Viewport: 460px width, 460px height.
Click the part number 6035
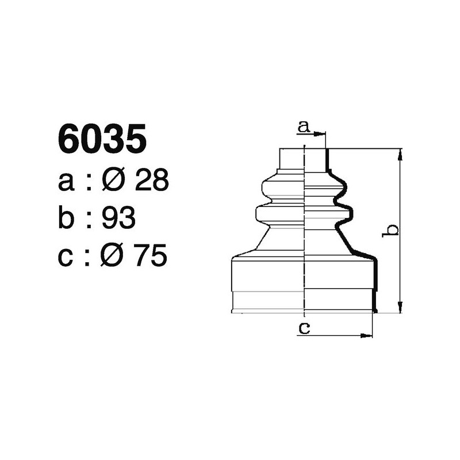pyautogui.click(x=102, y=140)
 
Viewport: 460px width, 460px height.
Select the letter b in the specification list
pyautogui.click(x=67, y=218)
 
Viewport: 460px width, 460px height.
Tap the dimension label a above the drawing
pyautogui.click(x=304, y=126)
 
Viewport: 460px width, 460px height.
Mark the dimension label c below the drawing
pyautogui.click(x=304, y=328)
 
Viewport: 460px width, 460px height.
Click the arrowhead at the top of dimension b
pyautogui.click(x=400, y=153)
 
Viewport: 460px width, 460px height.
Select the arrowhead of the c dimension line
pyautogui.click(x=368, y=335)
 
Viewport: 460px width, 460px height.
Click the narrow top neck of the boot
pyautogui.click(x=303, y=159)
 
